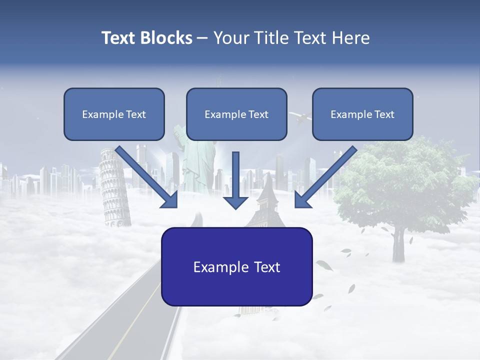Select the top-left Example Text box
(x=114, y=114)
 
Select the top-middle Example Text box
(x=236, y=114)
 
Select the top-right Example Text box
(x=362, y=114)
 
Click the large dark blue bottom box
(x=236, y=266)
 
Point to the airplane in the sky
(x=300, y=118)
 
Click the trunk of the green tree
(x=398, y=245)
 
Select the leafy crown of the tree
(x=405, y=185)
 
